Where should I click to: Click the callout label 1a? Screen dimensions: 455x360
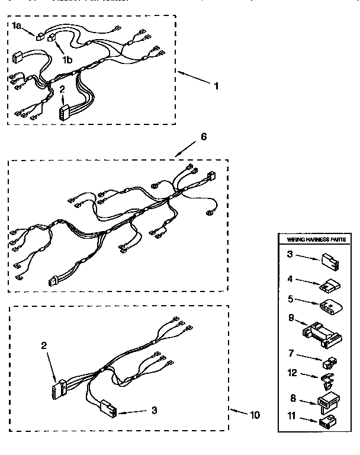pos(17,25)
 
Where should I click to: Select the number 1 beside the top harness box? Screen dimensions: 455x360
pos(216,86)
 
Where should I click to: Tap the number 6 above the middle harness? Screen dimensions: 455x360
pos(203,136)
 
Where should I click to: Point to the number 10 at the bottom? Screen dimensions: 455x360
pos(255,414)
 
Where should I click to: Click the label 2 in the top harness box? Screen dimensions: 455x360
pos(62,89)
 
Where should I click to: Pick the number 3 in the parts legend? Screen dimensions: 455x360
pos(290,254)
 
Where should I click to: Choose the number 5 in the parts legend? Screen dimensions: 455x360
pos(290,299)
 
